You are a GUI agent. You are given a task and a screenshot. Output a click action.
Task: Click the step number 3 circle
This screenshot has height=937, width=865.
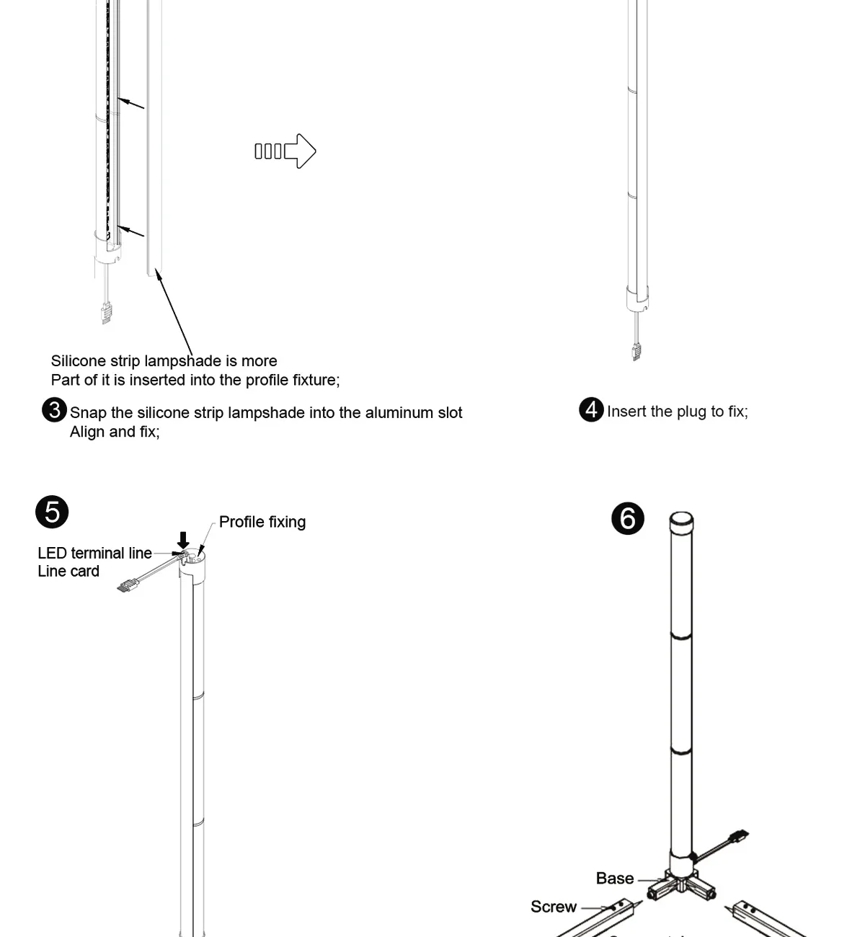(x=54, y=410)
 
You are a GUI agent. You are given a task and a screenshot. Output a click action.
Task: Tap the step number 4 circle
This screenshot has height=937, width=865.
(x=591, y=409)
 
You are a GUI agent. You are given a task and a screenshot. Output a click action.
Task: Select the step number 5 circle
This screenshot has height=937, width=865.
(x=52, y=512)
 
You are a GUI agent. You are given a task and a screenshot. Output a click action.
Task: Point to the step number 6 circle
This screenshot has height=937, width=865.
(x=627, y=519)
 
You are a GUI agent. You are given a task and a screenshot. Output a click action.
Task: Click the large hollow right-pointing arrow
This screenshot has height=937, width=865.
(x=300, y=151)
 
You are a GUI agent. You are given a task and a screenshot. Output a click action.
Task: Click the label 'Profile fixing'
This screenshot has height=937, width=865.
(x=262, y=522)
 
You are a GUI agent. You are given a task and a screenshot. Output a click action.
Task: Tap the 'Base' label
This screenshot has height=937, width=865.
(x=614, y=879)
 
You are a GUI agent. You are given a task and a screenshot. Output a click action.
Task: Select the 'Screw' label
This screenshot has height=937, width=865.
(x=553, y=907)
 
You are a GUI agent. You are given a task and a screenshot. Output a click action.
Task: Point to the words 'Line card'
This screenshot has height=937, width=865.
(x=68, y=572)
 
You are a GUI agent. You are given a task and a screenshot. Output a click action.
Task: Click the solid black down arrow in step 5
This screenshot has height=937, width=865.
(x=183, y=539)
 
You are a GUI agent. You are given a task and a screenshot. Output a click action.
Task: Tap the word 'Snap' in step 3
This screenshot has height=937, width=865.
(x=88, y=413)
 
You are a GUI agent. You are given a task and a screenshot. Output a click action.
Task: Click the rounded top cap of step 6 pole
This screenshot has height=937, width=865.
(x=681, y=520)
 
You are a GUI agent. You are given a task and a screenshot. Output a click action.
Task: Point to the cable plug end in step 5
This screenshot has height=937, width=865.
(x=127, y=586)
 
